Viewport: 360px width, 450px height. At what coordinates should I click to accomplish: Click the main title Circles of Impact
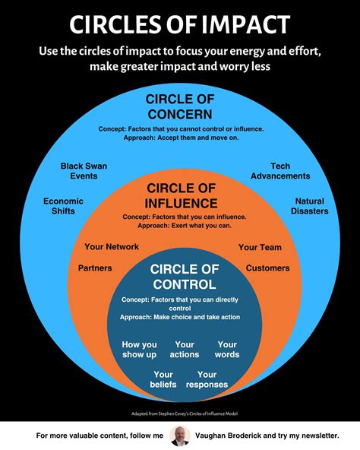(x=180, y=24)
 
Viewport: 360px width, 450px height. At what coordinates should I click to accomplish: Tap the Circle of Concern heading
(x=181, y=106)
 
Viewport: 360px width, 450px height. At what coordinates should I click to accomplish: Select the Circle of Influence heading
(x=182, y=195)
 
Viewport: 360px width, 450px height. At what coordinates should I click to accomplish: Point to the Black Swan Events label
(x=83, y=170)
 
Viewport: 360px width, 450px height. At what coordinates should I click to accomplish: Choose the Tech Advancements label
(x=279, y=171)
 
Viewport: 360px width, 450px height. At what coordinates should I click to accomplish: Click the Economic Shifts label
(x=63, y=206)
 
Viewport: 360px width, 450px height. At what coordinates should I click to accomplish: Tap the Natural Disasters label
(x=311, y=206)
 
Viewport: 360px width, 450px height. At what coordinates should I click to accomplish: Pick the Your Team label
(x=260, y=247)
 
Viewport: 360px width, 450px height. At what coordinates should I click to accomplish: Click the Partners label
(x=95, y=268)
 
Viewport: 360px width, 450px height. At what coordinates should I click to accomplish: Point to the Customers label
(x=267, y=268)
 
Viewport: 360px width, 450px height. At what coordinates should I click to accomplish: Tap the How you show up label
(x=139, y=350)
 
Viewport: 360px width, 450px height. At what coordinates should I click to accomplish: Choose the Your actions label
(x=185, y=350)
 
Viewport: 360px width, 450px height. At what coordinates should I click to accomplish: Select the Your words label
(x=227, y=350)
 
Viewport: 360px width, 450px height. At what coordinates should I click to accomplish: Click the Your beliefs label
(x=164, y=379)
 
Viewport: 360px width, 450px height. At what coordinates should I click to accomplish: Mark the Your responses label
(x=207, y=379)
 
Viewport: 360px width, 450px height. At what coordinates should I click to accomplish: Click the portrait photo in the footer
(x=181, y=436)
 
